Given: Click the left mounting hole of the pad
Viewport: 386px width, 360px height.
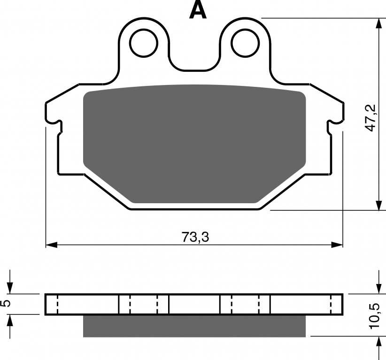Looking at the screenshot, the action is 144,43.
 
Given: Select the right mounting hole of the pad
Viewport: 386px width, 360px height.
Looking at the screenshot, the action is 245,43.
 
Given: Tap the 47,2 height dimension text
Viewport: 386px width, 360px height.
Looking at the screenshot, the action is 370,117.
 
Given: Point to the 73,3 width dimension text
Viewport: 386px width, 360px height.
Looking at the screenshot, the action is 195,237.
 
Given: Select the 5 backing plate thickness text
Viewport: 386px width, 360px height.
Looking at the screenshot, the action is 7,303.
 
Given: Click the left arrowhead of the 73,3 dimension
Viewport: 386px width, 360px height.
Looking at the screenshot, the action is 52,245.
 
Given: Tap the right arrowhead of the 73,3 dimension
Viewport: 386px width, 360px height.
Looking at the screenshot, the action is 337,245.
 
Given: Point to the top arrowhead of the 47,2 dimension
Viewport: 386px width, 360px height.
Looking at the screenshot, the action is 378,23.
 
